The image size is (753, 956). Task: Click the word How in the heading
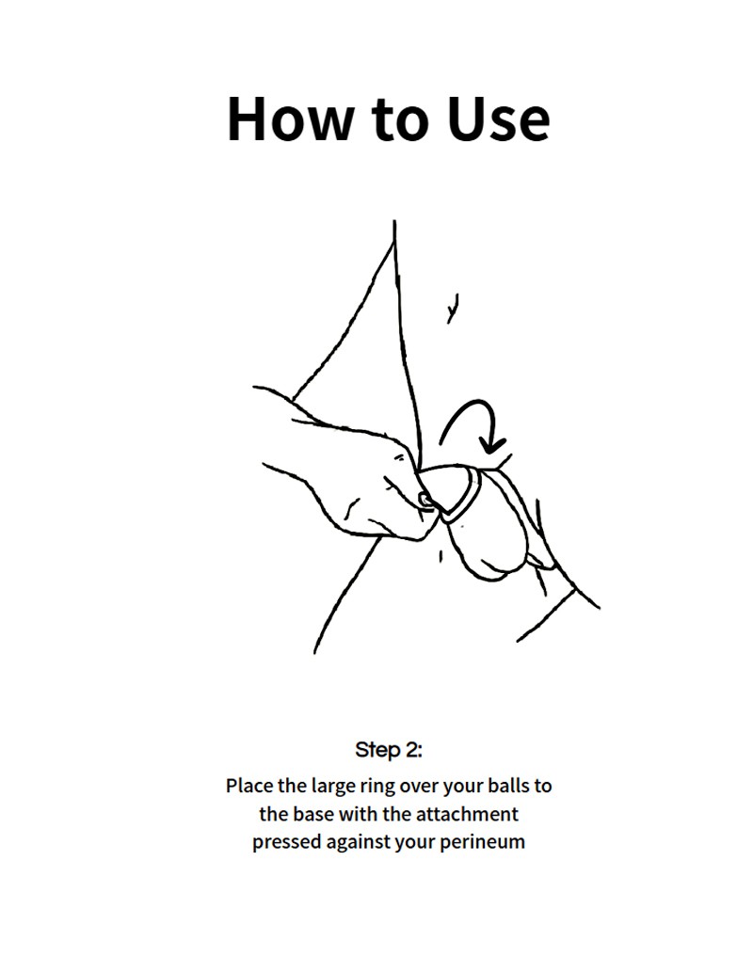tap(290, 119)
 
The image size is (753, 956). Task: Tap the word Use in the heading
tap(498, 119)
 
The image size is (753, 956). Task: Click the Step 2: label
tap(389, 749)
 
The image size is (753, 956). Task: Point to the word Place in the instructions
tap(249, 786)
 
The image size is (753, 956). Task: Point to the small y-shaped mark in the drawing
tap(452, 308)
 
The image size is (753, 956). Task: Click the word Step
tap(376, 750)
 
